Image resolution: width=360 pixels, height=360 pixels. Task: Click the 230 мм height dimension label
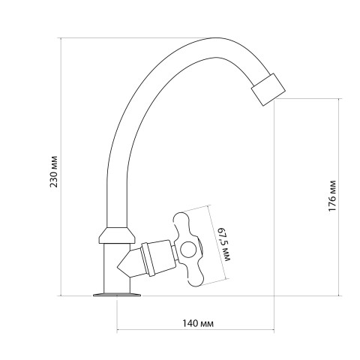coord(54,172)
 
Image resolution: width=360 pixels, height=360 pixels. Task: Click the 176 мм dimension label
coord(332,196)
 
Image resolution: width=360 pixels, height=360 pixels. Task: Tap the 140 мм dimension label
coord(198,323)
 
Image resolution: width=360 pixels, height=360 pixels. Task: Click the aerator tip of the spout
coord(268,89)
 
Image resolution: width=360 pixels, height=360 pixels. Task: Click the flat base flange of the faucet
coord(117,295)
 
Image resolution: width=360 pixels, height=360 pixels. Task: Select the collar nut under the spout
coord(117,235)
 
